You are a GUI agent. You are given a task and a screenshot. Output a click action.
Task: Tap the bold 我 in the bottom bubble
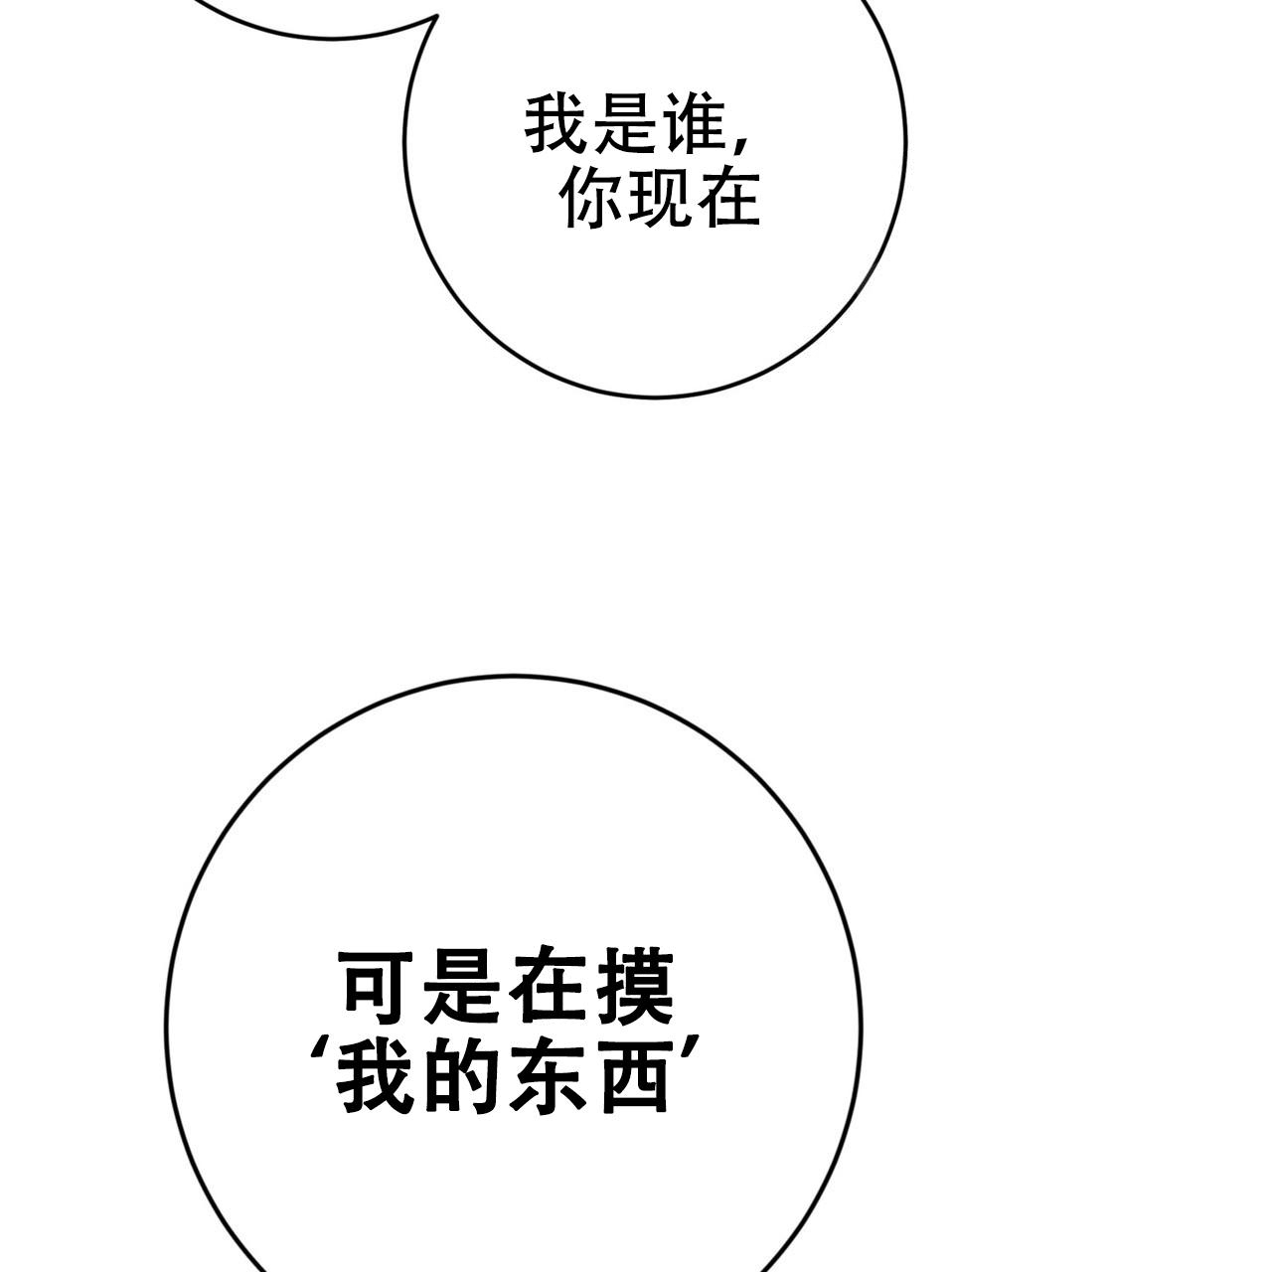tap(375, 1080)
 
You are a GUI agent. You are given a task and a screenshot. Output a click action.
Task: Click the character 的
tap(461, 1080)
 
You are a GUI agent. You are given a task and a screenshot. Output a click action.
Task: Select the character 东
tap(548, 1080)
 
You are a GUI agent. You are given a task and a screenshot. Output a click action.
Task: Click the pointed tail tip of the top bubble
tap(436, 16)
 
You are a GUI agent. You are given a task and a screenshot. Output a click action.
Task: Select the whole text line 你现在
tap(660, 200)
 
